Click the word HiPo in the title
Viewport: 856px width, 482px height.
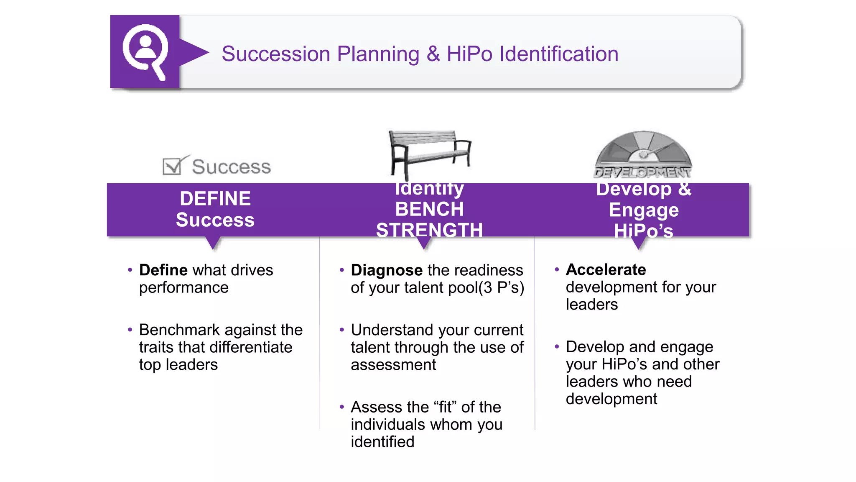coord(469,54)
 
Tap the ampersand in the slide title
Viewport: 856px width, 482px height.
coord(433,54)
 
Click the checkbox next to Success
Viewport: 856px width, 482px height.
coord(172,166)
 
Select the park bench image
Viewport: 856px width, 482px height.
coord(430,153)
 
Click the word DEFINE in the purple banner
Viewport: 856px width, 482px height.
coord(215,198)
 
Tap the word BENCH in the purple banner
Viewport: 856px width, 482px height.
coord(429,209)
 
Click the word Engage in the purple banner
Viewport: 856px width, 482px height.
coord(643,210)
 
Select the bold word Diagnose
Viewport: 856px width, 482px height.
coord(387,270)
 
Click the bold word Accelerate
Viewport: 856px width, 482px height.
coord(606,270)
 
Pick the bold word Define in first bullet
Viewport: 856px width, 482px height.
coord(163,270)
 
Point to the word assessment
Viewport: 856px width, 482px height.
coord(393,365)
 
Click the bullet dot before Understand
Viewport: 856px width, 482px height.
coord(342,330)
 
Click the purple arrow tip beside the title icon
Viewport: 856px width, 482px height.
coord(202,52)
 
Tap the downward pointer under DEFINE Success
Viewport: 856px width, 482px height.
coord(213,244)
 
